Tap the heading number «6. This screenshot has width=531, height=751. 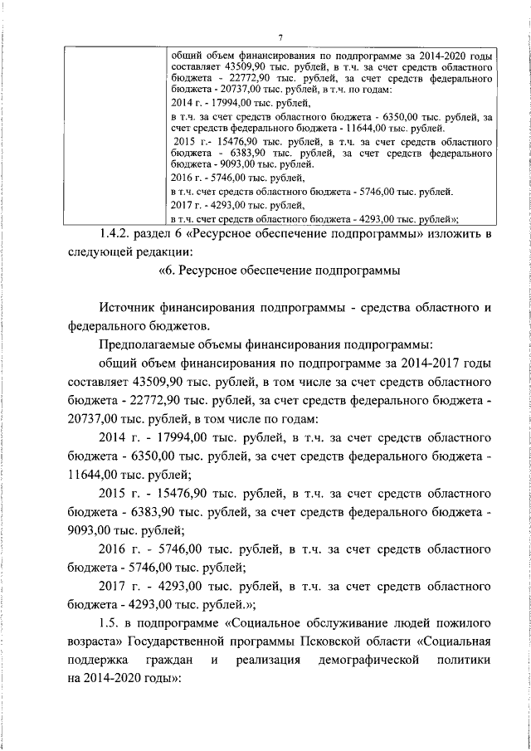(x=166, y=271)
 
